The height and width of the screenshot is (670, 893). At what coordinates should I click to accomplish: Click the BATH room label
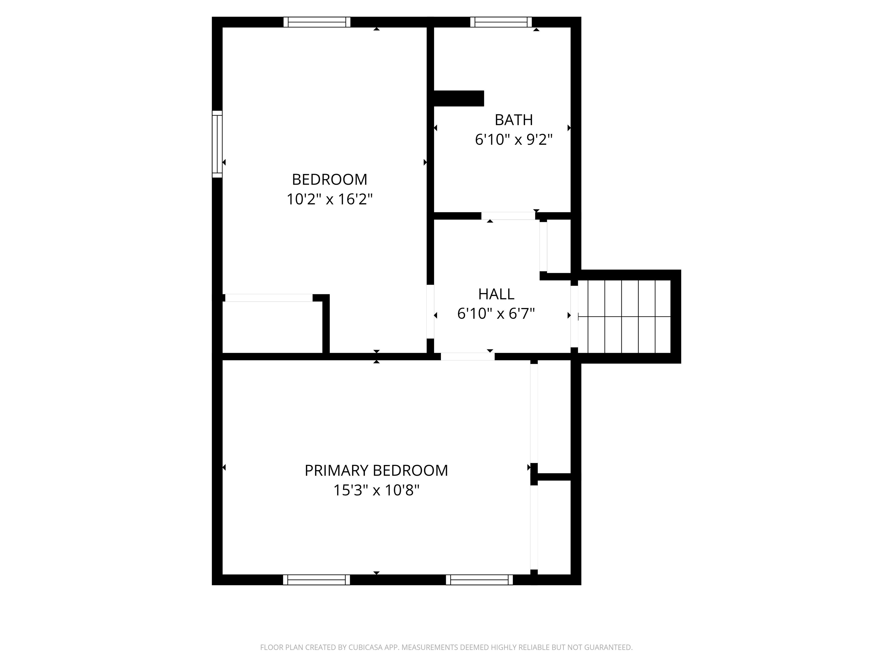(x=514, y=120)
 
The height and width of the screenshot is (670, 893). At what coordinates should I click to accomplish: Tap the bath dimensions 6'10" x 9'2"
(x=514, y=140)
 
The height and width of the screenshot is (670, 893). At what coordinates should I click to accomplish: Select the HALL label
(x=496, y=294)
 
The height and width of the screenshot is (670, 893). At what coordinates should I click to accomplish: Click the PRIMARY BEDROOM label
(x=376, y=471)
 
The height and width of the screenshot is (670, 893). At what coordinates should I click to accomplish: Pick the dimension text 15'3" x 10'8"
(x=376, y=490)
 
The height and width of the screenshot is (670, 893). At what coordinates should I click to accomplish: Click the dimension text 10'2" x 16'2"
(x=329, y=199)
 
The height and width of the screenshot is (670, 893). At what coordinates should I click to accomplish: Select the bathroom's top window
(x=501, y=22)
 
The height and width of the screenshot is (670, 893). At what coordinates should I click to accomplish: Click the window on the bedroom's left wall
(x=217, y=144)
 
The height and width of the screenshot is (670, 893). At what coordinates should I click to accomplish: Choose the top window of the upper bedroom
(x=317, y=22)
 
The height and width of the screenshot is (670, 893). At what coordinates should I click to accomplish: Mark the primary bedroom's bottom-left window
(x=317, y=580)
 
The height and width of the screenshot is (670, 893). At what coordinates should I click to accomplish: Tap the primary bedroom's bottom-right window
(x=479, y=580)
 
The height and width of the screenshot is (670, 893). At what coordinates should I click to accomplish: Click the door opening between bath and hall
(x=508, y=216)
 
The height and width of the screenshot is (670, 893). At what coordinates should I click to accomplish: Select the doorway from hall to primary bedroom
(x=467, y=357)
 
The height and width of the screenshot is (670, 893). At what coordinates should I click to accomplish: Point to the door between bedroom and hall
(x=430, y=311)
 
